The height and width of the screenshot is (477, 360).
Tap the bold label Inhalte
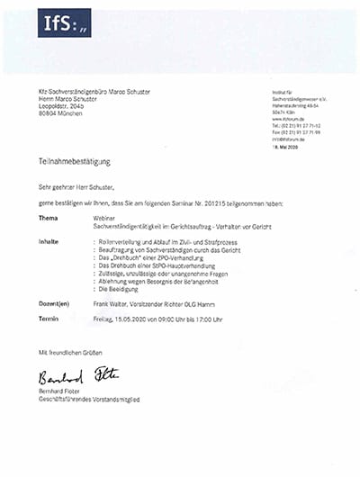(x=49, y=242)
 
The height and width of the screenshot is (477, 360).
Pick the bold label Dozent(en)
(x=54, y=305)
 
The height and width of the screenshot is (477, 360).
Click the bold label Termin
(x=49, y=319)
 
